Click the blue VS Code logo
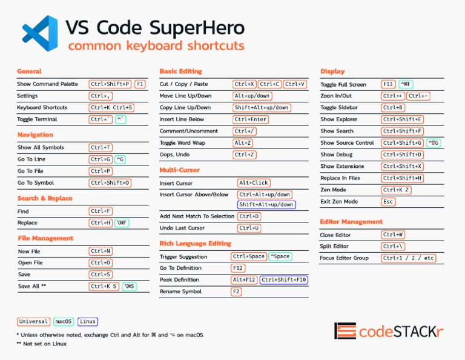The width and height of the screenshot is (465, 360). (40, 34)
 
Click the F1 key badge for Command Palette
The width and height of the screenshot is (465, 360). (140, 84)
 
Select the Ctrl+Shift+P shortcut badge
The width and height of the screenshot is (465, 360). (110, 84)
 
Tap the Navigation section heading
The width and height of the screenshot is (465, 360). (35, 135)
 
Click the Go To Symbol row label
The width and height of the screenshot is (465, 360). (36, 182)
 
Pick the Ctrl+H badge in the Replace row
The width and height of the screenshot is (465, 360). (101, 223)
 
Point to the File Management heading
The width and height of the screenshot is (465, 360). (45, 238)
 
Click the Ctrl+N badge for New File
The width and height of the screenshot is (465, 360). (101, 251)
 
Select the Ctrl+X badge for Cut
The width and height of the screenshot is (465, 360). (245, 84)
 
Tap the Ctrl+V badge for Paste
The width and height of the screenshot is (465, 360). (295, 84)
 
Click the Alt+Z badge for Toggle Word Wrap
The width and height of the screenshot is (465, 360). (243, 142)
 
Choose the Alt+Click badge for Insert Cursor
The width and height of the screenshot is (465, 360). (254, 182)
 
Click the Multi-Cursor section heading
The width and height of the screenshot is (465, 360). (179, 170)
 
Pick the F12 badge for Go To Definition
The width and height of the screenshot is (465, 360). (238, 268)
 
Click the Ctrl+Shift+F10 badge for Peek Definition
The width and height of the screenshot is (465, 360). (284, 280)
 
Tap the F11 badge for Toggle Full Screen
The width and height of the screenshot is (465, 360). (388, 84)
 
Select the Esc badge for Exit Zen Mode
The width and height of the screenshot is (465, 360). (388, 202)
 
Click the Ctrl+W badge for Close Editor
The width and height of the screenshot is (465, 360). (394, 235)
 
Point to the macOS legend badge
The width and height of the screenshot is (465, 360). (64, 322)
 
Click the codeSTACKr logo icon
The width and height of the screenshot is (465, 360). (345, 331)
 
